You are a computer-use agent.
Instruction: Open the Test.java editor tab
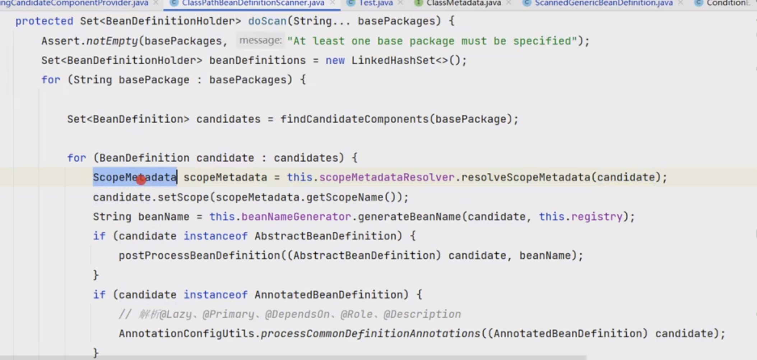point(376,3)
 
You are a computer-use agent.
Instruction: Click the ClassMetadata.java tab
point(463,3)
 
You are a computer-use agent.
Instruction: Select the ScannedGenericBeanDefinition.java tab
point(603,3)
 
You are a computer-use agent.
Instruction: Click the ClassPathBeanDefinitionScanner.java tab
point(253,3)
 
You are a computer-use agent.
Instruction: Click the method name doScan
point(267,21)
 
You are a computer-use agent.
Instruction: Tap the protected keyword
point(44,21)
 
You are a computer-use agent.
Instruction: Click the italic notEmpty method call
point(112,41)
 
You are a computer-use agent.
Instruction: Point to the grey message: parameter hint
point(260,41)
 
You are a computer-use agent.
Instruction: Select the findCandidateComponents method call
point(354,119)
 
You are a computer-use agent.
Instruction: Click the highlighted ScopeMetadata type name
point(135,177)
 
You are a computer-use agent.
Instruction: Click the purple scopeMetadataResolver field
point(386,177)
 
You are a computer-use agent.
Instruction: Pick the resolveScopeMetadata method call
point(525,177)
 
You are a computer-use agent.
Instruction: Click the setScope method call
point(183,197)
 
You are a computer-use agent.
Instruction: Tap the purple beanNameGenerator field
point(296,217)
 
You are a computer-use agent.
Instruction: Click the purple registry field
point(596,217)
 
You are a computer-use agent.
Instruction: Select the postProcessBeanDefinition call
point(199,255)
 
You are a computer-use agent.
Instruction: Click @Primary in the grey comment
point(228,314)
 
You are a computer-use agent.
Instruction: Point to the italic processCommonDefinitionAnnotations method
point(370,334)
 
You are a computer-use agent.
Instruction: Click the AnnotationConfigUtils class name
point(186,334)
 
